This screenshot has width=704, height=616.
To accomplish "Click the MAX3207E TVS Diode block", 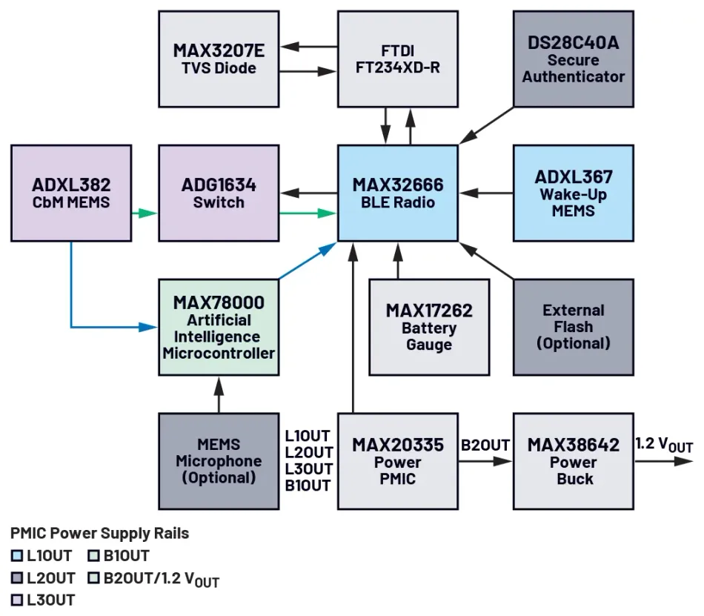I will click(219, 59).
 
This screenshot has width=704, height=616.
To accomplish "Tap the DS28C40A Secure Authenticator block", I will click(574, 59).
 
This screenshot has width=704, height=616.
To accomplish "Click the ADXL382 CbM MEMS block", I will click(71, 193).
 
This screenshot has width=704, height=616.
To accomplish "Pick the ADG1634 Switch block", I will click(219, 193).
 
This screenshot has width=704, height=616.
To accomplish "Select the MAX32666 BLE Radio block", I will click(398, 193).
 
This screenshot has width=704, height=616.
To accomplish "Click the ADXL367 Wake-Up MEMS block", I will click(574, 193).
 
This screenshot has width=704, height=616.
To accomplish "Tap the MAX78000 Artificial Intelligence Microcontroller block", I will click(219, 327).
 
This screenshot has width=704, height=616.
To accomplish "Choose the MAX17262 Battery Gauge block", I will click(429, 327).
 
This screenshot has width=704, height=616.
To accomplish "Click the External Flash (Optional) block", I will click(574, 327).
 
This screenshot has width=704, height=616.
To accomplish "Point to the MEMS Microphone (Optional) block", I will click(219, 460).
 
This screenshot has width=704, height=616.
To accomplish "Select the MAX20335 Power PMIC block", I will click(398, 460).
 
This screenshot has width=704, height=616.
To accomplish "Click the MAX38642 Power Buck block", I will click(574, 460).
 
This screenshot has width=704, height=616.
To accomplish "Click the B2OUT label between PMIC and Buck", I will click(485, 446).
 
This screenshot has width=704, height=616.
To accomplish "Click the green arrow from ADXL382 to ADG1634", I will click(145, 213).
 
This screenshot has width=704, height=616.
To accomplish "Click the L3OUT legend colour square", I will click(17, 599).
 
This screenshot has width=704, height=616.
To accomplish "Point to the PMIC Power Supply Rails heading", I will click(99, 533).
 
